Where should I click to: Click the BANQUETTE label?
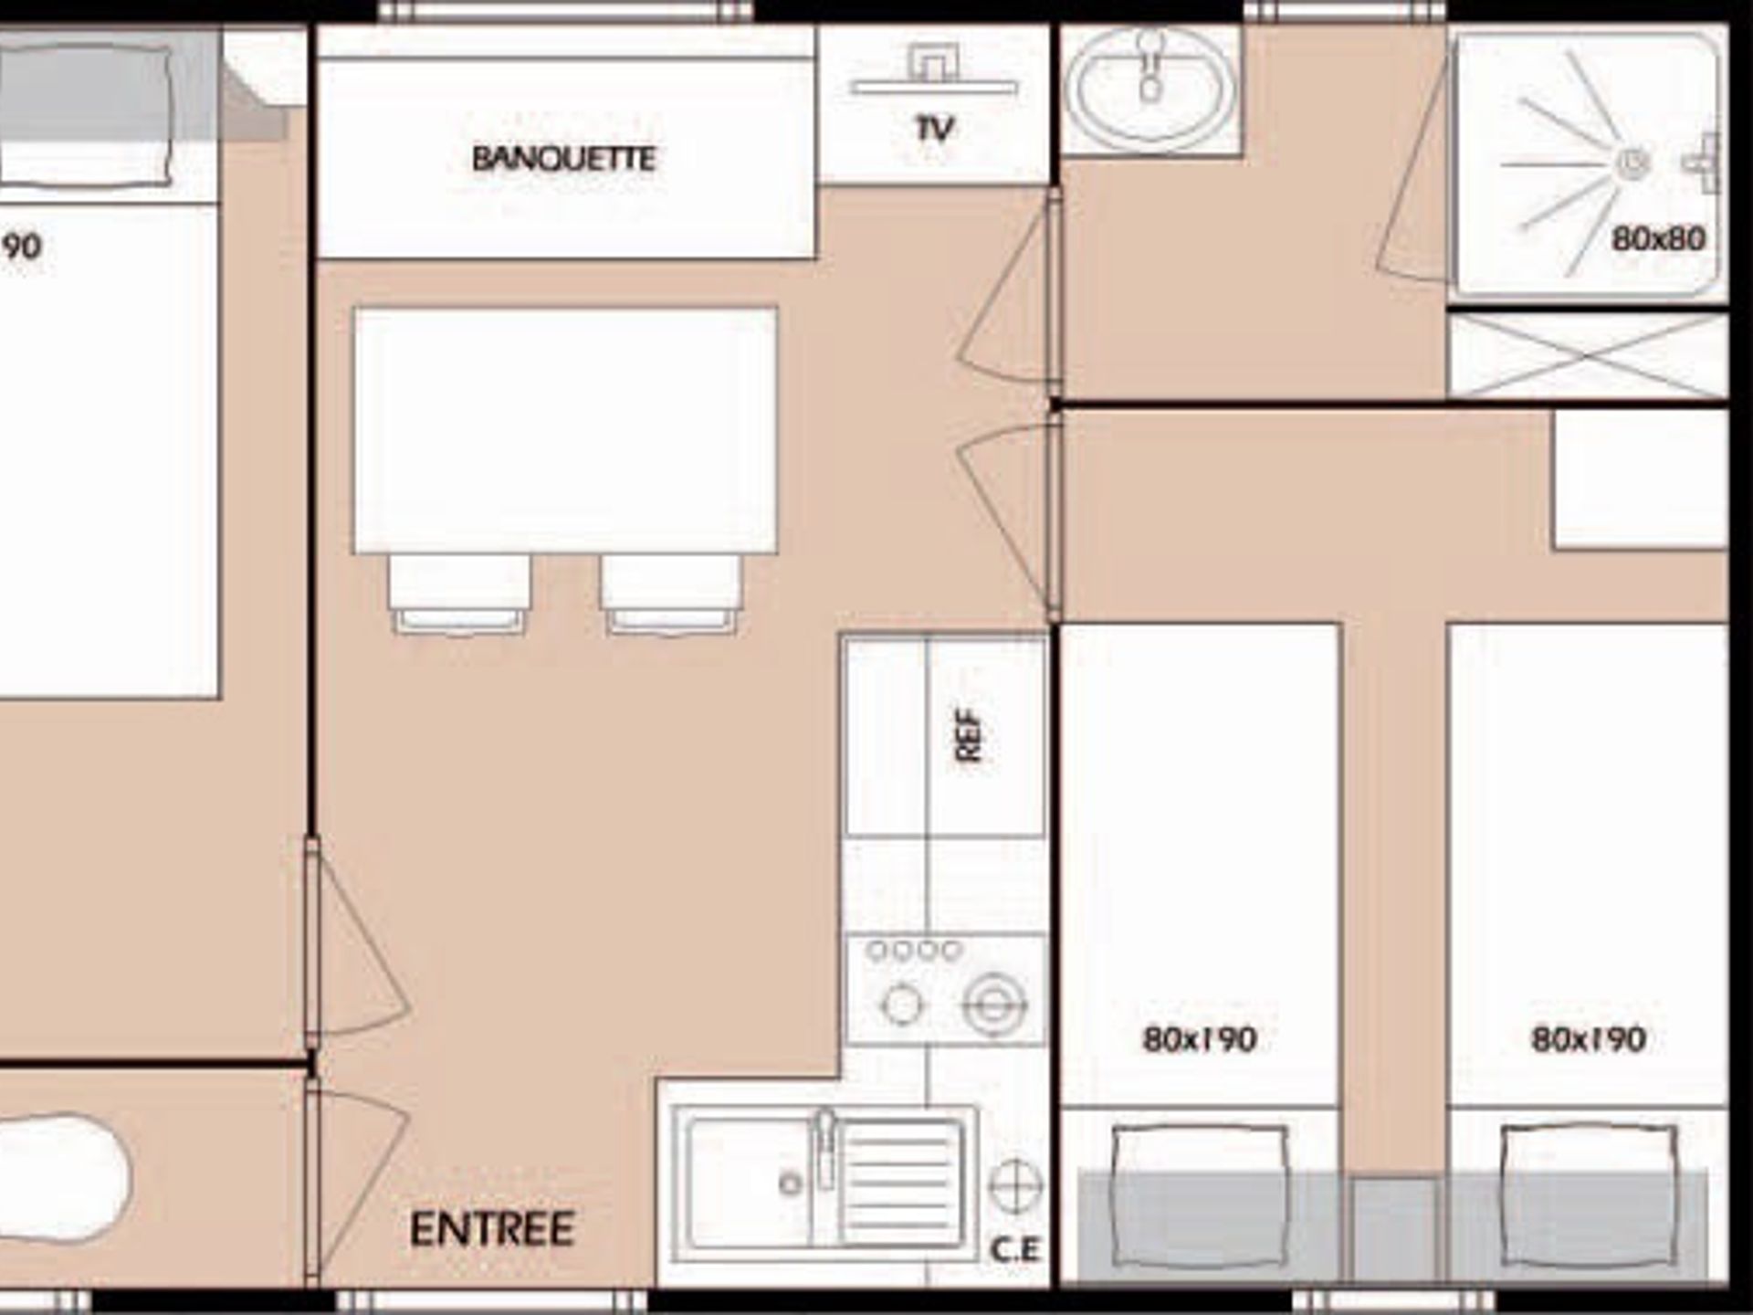click(x=563, y=159)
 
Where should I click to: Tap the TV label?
click(x=934, y=129)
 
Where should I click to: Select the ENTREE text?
click(x=492, y=1229)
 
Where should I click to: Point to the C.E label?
click(x=1015, y=1250)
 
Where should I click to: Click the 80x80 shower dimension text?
click(x=1658, y=239)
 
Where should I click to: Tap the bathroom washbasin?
click(x=1150, y=88)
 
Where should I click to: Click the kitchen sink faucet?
click(x=825, y=1146)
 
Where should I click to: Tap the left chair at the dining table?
click(x=459, y=594)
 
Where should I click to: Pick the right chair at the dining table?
click(x=671, y=594)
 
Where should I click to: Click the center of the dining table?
click(x=565, y=430)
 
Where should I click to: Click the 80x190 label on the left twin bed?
click(x=1200, y=1039)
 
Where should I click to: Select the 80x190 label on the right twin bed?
click(x=1589, y=1039)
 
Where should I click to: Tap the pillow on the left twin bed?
click(x=1199, y=1196)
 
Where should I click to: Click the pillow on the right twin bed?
click(x=1590, y=1196)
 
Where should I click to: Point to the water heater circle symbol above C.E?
click(x=1015, y=1186)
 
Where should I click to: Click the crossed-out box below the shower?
click(x=1588, y=357)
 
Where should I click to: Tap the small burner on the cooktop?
click(x=902, y=1005)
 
